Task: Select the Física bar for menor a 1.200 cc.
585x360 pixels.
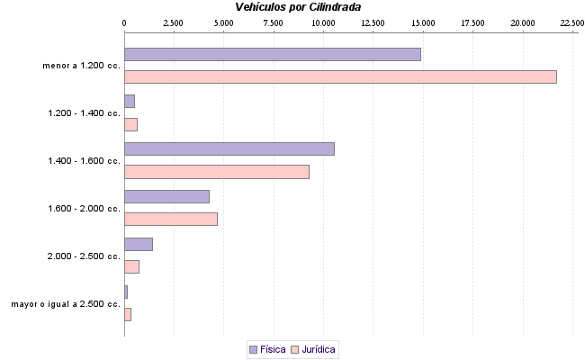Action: pyautogui.click(x=272, y=54)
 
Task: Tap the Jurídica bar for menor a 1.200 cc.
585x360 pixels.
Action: pyautogui.click(x=340, y=76)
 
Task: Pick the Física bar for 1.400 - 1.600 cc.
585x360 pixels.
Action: pyautogui.click(x=229, y=148)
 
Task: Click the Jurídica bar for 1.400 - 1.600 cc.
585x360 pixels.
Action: pyautogui.click(x=216, y=171)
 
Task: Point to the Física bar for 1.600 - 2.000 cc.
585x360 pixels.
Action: pyautogui.click(x=166, y=196)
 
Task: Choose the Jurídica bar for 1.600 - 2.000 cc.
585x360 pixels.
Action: pyautogui.click(x=170, y=219)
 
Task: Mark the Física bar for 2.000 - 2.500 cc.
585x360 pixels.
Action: pyautogui.click(x=139, y=244)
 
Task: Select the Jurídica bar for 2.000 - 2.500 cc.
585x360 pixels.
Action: pyautogui.click(x=131, y=266)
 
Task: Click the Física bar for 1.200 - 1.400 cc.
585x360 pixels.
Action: pyautogui.click(x=130, y=101)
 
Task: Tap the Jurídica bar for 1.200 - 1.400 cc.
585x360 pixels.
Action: pyautogui.click(x=130, y=124)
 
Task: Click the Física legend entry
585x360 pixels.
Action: pyautogui.click(x=266, y=349)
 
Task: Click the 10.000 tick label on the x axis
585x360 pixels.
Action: pyautogui.click(x=322, y=22)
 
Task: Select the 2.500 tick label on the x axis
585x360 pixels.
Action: pyautogui.click(x=174, y=22)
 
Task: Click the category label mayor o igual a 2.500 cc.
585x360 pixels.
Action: pyautogui.click(x=66, y=304)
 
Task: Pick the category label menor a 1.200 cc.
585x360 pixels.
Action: pyautogui.click(x=81, y=66)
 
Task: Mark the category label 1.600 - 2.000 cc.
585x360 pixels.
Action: pyautogui.click(x=84, y=209)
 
